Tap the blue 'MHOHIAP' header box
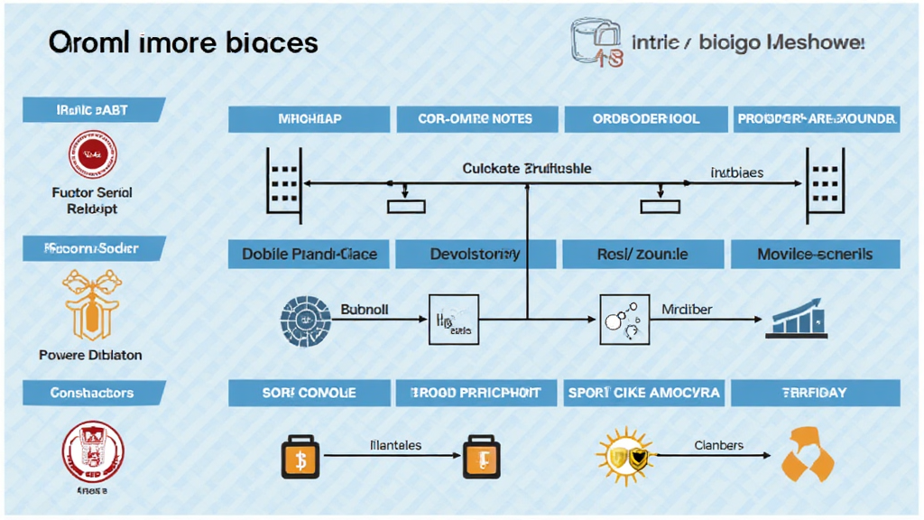click(309, 119)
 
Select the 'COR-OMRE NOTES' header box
click(476, 119)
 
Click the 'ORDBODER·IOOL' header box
click(645, 119)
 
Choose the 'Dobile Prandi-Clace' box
click(309, 254)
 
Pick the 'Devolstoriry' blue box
click(476, 254)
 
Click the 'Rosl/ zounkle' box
click(642, 254)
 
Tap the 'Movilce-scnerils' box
click(815, 254)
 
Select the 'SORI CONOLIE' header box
click(309, 393)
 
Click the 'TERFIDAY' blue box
click(815, 393)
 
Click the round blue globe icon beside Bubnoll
click(300, 319)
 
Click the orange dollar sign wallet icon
click(300, 458)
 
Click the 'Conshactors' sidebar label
click(92, 393)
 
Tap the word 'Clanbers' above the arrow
click(719, 445)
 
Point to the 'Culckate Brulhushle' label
click(527, 169)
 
